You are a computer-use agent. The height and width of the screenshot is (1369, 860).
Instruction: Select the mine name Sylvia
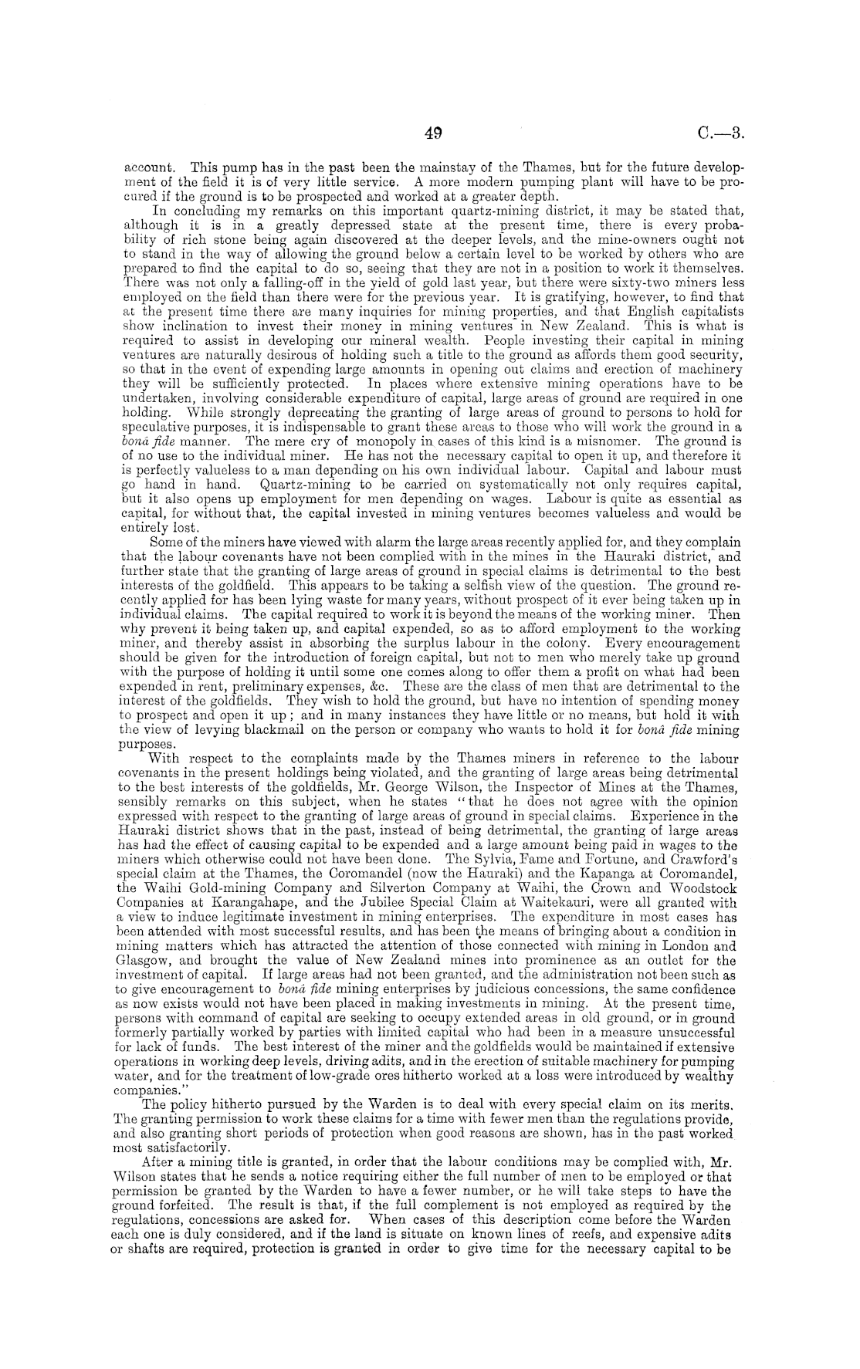pyautogui.click(x=497, y=857)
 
